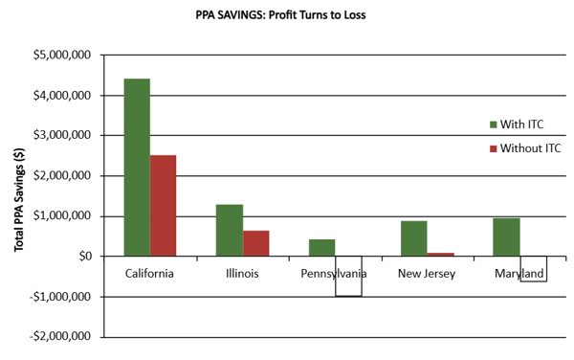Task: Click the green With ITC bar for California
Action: (137, 168)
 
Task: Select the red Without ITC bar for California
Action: (163, 206)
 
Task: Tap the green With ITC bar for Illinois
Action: (230, 230)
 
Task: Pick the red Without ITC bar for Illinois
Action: (255, 243)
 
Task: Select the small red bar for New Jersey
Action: (440, 254)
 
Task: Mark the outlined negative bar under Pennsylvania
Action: (348, 277)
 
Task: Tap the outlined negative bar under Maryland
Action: (533, 269)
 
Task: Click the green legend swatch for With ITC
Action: (494, 124)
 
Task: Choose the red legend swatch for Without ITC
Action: (494, 148)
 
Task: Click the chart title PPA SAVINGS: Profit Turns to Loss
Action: (286, 16)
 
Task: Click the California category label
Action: (149, 274)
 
